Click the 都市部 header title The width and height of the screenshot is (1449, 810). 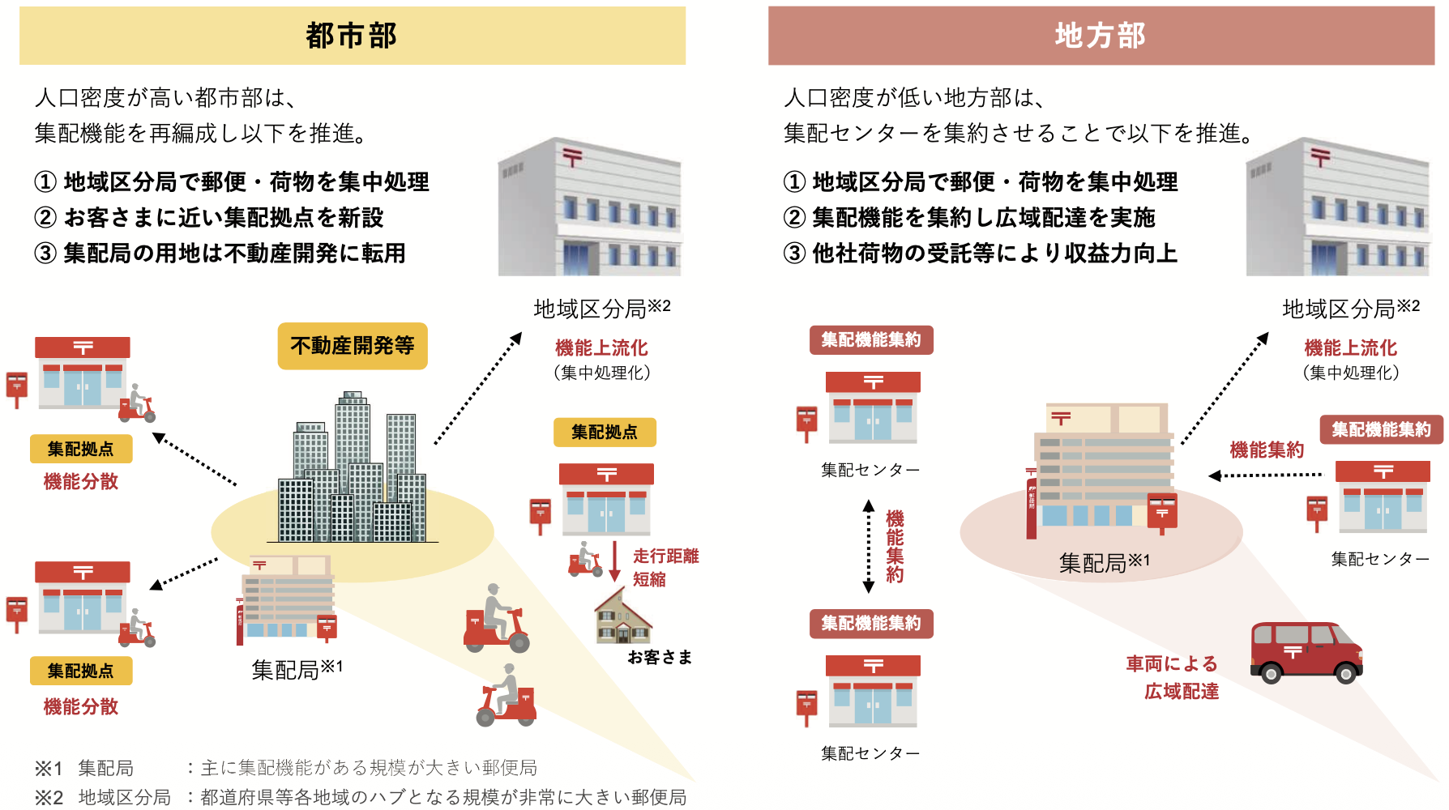point(352,36)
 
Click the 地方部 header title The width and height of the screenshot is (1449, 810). point(1101,36)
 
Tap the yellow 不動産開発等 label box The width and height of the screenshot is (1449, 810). point(353,346)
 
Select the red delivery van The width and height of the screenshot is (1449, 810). point(1306,652)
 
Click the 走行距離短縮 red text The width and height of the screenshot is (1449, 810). point(665,567)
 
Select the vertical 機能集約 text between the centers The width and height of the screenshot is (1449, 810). point(895,547)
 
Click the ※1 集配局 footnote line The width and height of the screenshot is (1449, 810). point(285,768)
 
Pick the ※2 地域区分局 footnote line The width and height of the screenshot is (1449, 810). point(361,798)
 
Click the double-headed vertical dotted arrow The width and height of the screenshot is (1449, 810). point(869,547)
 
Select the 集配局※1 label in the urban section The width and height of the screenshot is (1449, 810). point(297,669)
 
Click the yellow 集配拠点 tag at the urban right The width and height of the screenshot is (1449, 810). point(605,433)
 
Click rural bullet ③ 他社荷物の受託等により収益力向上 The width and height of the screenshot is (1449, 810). point(981,254)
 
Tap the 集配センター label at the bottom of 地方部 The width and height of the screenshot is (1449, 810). point(870,753)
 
